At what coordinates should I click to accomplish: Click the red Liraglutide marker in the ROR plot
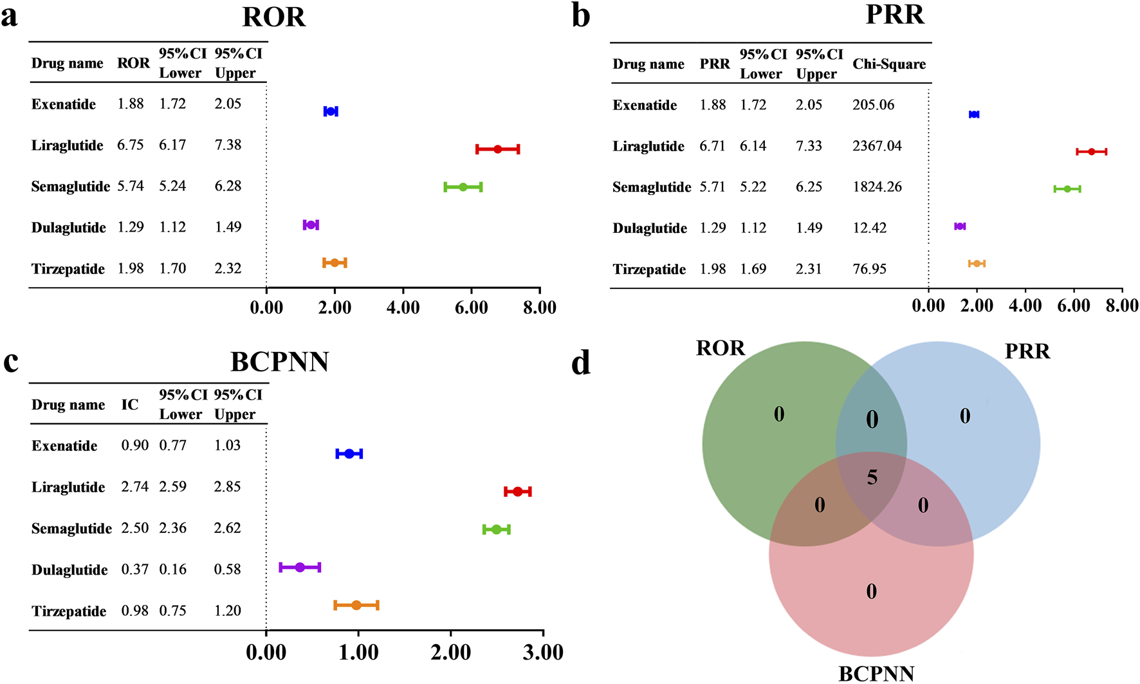497,149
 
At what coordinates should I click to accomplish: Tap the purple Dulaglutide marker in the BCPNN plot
300,568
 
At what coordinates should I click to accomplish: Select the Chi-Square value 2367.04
877,146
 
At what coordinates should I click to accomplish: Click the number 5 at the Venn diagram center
872,477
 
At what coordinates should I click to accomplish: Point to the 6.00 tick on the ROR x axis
471,308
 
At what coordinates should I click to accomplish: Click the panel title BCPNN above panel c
279,362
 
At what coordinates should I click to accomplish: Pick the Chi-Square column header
889,64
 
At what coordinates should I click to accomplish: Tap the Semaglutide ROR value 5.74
130,186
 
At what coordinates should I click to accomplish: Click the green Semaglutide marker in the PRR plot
1067,189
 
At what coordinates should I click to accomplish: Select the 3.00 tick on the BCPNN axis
543,652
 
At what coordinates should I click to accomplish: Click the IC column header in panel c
130,405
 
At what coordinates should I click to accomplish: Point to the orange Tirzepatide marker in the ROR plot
335,263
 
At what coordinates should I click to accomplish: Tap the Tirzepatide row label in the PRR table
649,270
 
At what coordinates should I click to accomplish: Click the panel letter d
580,364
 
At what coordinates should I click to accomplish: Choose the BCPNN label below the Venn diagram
876,674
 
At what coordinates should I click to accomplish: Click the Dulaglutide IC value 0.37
134,569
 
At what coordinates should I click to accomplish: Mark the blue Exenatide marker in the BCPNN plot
349,454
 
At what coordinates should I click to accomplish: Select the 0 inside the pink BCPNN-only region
871,591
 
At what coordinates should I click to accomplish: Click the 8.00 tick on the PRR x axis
1122,306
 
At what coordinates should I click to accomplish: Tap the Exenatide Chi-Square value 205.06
873,105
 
